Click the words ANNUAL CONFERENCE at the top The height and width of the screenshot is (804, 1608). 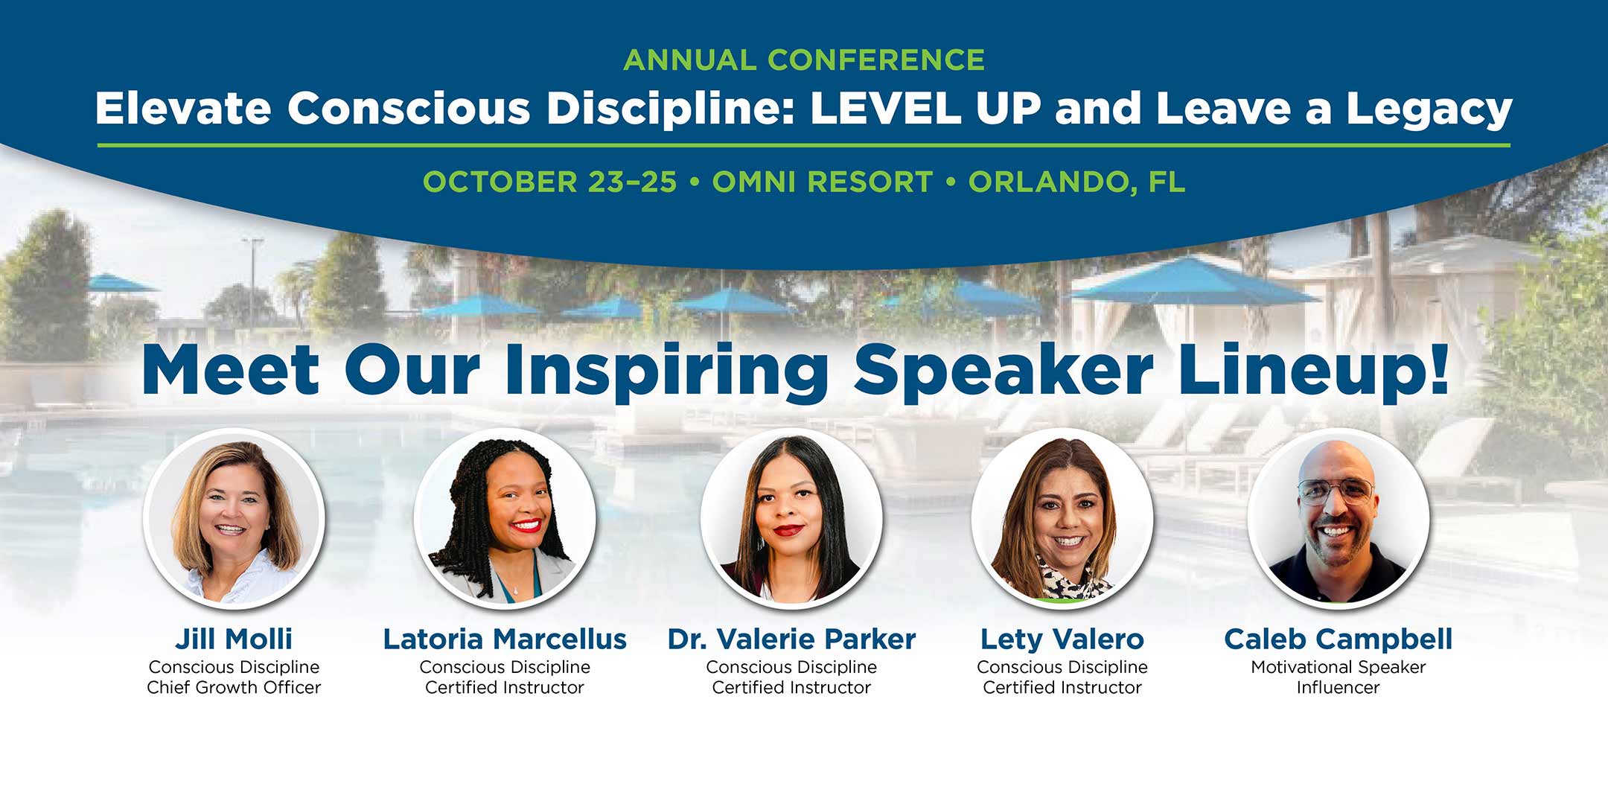(804, 60)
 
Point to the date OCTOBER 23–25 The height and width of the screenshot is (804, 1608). (550, 182)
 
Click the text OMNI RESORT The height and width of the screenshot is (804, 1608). (823, 182)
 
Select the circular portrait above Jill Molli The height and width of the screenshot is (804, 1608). (234, 518)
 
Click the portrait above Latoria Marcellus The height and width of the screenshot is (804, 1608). (505, 518)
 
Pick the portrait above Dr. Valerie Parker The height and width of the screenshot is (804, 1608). (791, 518)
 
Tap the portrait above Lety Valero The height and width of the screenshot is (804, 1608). (1062, 518)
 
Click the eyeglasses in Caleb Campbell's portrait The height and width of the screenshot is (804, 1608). (1336, 491)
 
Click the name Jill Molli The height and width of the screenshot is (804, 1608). (234, 639)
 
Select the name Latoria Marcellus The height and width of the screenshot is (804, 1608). (505, 639)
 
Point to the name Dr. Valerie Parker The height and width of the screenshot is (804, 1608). (791, 639)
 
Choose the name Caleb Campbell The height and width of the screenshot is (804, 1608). (1338, 639)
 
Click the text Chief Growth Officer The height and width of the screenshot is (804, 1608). (234, 687)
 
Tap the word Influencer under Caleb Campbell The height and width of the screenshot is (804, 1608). (1338, 687)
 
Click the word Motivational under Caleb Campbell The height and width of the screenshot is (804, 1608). (1295, 667)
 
